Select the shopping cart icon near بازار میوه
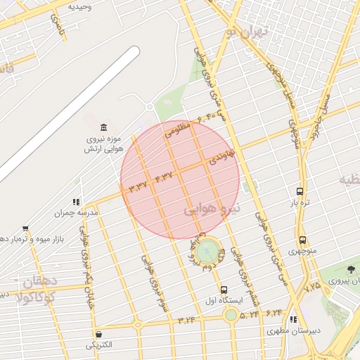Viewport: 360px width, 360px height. click(x=26, y=228)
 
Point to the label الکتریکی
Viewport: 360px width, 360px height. click(x=98, y=345)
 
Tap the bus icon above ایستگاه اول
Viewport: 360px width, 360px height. click(x=224, y=290)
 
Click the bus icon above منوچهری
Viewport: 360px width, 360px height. click(x=302, y=240)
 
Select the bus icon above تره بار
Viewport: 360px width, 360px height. click(x=300, y=191)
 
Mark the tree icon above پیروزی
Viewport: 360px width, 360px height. click(x=352, y=269)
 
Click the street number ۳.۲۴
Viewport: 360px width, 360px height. click(x=186, y=320)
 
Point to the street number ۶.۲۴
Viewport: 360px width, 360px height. click(x=274, y=312)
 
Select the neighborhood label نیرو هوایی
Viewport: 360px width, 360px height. click(x=212, y=209)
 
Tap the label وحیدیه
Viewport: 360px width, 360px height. click(x=79, y=6)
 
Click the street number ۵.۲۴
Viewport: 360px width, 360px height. click(x=249, y=315)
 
